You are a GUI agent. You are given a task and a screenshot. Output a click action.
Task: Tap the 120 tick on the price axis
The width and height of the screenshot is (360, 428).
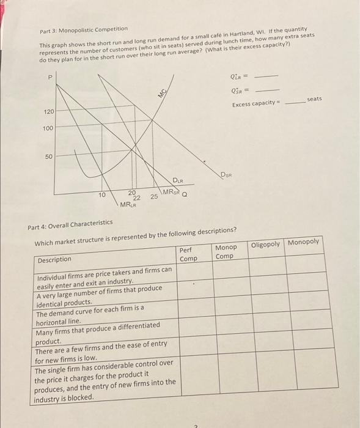point(48,113)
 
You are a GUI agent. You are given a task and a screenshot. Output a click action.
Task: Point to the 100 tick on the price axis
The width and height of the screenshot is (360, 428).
point(48,128)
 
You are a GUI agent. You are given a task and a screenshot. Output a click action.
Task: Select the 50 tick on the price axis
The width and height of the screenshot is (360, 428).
point(50,157)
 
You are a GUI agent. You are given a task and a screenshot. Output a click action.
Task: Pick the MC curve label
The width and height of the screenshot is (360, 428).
point(163,92)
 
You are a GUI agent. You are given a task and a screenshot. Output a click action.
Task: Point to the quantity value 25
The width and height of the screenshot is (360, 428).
point(154,197)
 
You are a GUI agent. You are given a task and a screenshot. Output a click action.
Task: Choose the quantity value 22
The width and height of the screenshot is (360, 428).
point(137,197)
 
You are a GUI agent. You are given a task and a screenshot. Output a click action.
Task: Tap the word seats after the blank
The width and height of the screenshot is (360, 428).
point(315,98)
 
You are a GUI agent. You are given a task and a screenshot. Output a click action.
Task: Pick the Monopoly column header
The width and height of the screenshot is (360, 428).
point(304,242)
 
